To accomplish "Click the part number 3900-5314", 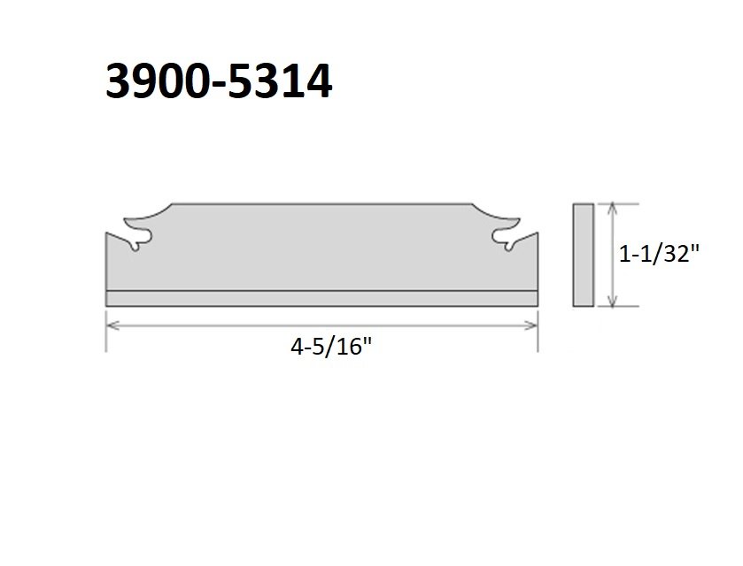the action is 219,81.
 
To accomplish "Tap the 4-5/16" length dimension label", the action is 331,347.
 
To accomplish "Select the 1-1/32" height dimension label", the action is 659,255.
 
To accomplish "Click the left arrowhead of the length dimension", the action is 112,325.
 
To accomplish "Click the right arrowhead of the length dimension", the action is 532,325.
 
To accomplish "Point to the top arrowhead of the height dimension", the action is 613,208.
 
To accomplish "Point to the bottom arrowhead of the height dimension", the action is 613,301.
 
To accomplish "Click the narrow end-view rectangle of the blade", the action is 584,255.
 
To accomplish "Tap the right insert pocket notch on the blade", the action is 505,239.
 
